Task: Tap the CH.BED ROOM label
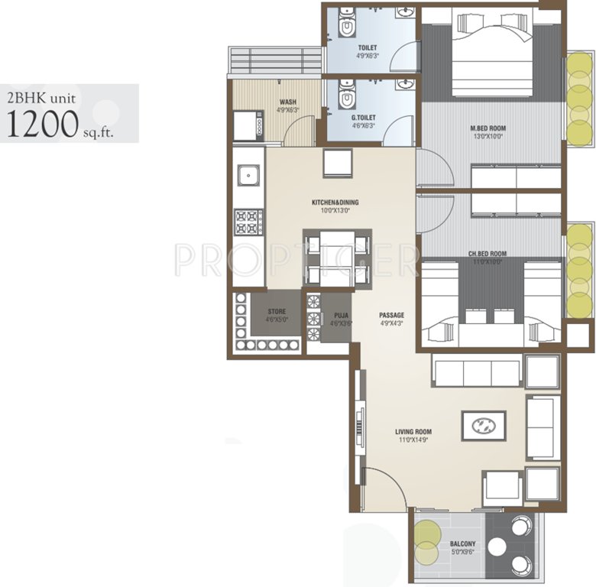point(487,254)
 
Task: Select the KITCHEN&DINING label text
point(335,203)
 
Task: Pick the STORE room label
point(277,312)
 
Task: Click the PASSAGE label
point(391,315)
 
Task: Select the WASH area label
point(288,102)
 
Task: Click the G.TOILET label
point(363,117)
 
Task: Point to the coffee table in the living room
point(483,426)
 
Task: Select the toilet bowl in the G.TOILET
point(346,98)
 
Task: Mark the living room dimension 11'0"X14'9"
point(413,440)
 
